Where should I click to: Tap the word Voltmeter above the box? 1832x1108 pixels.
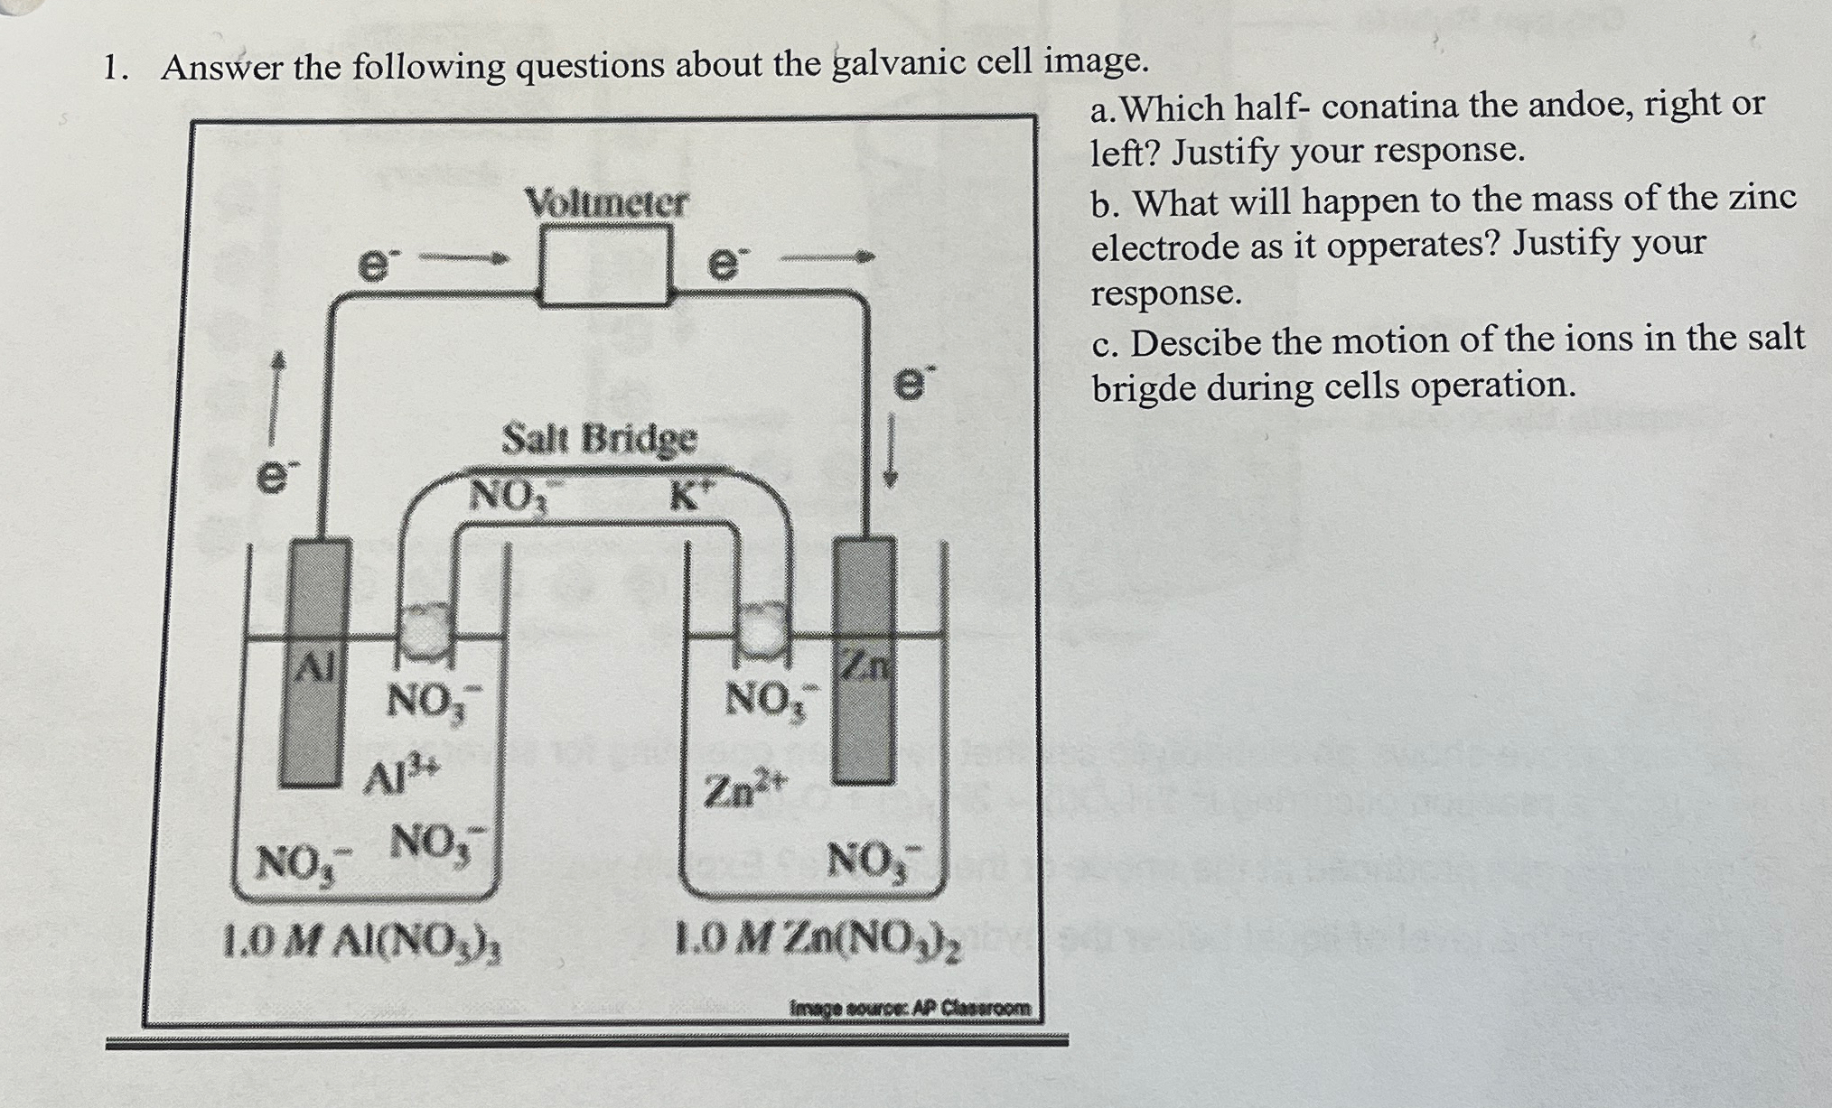[606, 202]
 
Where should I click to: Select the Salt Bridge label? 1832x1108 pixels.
[600, 440]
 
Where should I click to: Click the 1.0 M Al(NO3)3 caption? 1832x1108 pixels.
[363, 943]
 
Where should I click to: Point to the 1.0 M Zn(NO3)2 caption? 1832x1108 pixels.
[820, 944]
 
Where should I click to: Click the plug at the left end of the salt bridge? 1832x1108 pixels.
[425, 629]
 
